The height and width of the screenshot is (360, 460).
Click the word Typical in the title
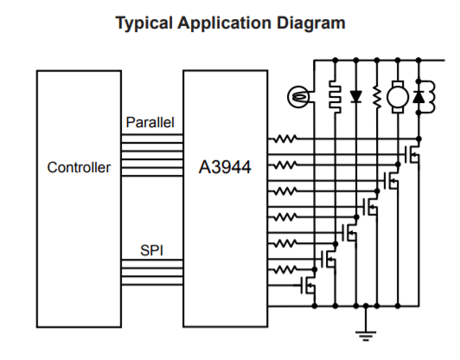tap(144, 23)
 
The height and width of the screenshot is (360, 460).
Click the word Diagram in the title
tap(311, 23)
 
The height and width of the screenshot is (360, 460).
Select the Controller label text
tap(79, 168)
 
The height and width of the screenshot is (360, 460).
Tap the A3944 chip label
tap(225, 167)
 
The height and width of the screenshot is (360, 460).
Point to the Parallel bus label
tap(150, 122)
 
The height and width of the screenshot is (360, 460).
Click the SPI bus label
tap(151, 250)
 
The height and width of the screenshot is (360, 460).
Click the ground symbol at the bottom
tap(366, 336)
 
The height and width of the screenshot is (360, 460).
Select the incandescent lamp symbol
tap(298, 97)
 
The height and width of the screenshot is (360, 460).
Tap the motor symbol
tap(398, 97)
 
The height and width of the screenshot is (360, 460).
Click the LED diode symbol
tap(356, 96)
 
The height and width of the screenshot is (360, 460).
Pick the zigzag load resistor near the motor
tap(377, 97)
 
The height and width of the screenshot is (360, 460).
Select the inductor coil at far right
tap(430, 97)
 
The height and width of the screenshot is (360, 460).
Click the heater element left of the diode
tap(335, 97)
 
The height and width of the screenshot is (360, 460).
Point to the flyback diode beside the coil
tap(418, 97)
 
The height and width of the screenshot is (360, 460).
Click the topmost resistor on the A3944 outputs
tap(285, 138)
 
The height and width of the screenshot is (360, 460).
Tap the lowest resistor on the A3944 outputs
tap(285, 269)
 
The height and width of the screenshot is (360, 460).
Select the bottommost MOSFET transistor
tap(308, 285)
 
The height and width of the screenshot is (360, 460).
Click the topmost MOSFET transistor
tap(412, 154)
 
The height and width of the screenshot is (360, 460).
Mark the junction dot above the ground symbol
tap(366, 306)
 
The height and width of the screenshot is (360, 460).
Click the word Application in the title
tap(225, 23)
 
